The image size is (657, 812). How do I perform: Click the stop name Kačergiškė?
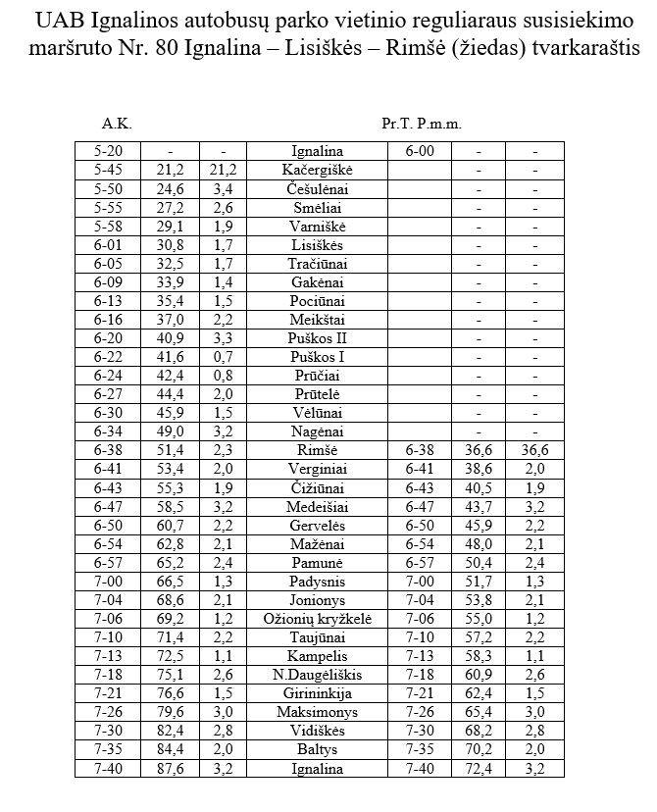coord(318,170)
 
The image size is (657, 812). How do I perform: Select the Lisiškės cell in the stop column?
coord(318,245)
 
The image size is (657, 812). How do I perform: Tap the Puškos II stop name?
coord(318,337)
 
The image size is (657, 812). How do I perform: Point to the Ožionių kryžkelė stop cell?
coord(318,619)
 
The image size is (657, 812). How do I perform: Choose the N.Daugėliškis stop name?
coord(318,675)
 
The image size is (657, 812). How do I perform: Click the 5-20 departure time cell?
coord(108,151)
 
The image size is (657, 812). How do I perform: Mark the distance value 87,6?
coord(170,769)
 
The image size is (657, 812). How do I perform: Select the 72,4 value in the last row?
coord(479,769)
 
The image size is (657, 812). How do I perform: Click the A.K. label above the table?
coord(116,125)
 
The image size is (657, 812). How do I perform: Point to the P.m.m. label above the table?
coord(438,125)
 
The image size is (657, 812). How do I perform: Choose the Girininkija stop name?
coord(318,693)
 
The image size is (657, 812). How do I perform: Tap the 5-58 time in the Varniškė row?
coord(108,226)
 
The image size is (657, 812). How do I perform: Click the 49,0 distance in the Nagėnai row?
coord(170,431)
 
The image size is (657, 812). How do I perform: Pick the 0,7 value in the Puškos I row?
coord(223,357)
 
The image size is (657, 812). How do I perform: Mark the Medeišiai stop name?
coord(318,506)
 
